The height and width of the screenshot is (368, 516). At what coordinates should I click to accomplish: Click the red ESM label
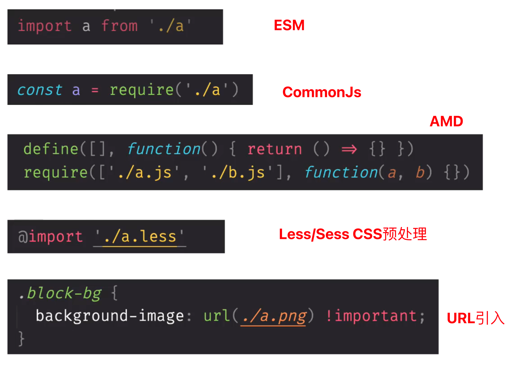(x=289, y=25)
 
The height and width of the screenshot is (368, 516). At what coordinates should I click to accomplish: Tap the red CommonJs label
(x=322, y=92)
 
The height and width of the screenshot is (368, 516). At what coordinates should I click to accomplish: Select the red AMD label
(x=446, y=121)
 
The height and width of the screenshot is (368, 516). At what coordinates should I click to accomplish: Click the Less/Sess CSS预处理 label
(x=353, y=234)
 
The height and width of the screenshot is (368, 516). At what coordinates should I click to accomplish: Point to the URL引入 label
(x=475, y=318)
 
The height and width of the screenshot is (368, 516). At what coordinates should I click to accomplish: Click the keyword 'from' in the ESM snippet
(x=119, y=26)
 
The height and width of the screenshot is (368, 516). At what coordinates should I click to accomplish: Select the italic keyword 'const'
(x=40, y=90)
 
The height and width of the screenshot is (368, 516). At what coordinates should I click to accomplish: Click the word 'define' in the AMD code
(x=51, y=149)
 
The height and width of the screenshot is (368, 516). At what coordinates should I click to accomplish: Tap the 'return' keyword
(x=275, y=149)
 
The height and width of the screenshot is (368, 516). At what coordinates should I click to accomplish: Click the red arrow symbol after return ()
(x=349, y=149)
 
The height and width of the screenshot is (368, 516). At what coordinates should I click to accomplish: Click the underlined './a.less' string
(x=140, y=237)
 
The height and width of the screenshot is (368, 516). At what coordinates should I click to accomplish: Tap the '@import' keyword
(x=50, y=237)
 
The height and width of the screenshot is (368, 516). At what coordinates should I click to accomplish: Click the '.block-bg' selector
(x=60, y=293)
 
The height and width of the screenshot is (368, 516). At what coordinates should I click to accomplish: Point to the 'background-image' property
(x=110, y=316)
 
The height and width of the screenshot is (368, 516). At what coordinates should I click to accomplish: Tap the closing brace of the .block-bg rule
(x=21, y=339)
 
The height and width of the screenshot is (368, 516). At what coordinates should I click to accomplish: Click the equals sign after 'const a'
(x=95, y=90)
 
